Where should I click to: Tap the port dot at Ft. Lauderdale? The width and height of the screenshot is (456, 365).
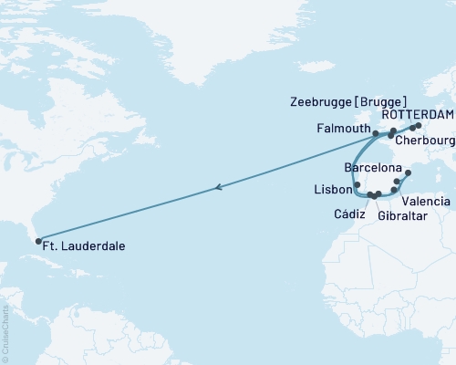(x=38, y=242)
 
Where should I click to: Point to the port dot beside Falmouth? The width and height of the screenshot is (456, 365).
(x=376, y=133)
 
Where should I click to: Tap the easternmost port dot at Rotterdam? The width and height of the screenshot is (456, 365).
(x=419, y=126)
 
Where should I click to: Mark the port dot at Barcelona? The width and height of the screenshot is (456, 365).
(x=408, y=172)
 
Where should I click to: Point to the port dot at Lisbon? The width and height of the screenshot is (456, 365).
(x=358, y=185)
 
